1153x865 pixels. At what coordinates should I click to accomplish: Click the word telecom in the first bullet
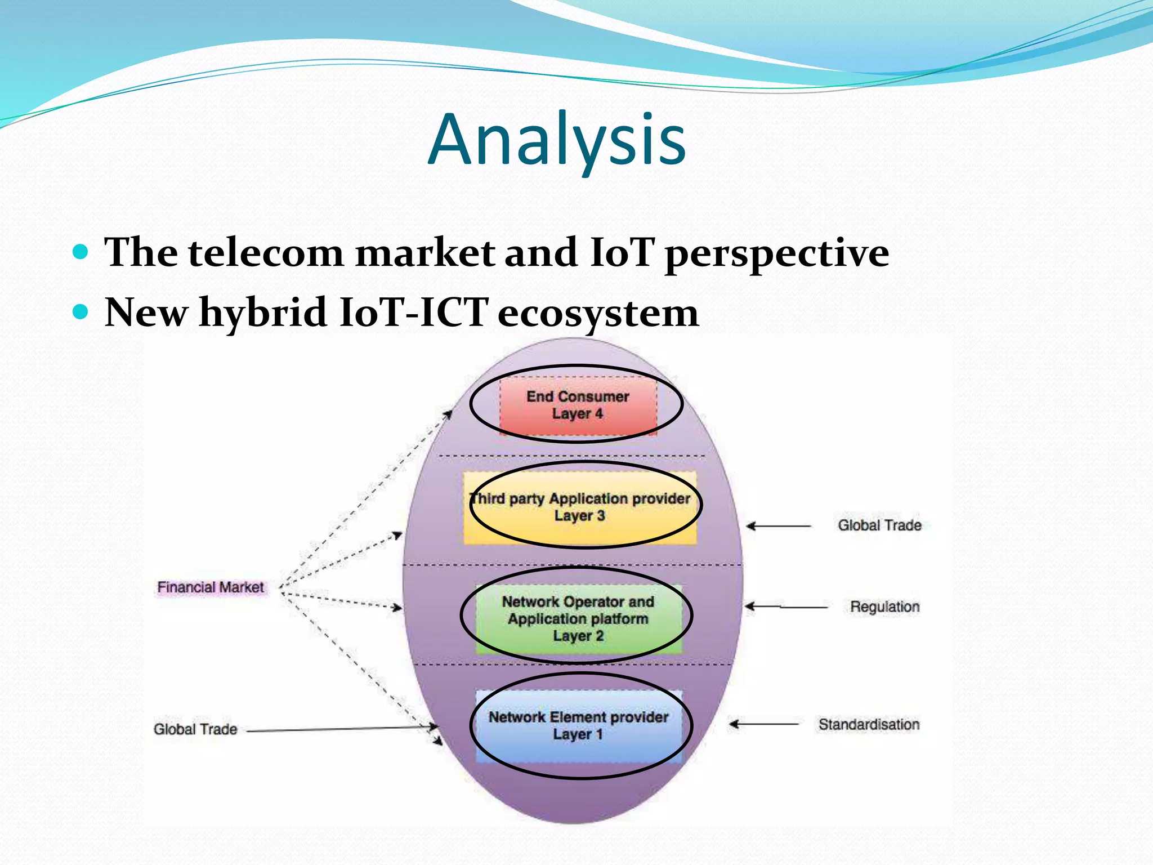point(265,252)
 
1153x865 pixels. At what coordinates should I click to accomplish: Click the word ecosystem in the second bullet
point(598,313)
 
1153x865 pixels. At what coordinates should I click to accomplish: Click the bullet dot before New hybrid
point(81,311)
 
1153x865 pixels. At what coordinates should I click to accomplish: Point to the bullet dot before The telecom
point(81,251)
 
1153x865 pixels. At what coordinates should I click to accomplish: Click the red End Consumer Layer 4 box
point(578,405)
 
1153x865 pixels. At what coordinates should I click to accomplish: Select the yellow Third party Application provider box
point(580,507)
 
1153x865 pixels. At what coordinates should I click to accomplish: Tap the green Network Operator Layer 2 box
point(578,618)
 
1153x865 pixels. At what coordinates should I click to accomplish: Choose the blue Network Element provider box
point(578,726)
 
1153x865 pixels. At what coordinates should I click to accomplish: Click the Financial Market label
point(211,587)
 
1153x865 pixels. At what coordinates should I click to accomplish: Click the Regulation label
point(884,607)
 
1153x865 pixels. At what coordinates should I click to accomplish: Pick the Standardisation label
point(869,724)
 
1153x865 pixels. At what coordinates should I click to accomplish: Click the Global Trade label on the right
point(879,525)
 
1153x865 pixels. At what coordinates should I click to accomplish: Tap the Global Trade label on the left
point(195,729)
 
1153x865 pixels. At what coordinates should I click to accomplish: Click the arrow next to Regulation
point(786,607)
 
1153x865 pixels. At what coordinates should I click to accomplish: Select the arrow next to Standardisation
point(763,724)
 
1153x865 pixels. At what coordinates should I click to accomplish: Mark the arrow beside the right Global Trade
point(779,526)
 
